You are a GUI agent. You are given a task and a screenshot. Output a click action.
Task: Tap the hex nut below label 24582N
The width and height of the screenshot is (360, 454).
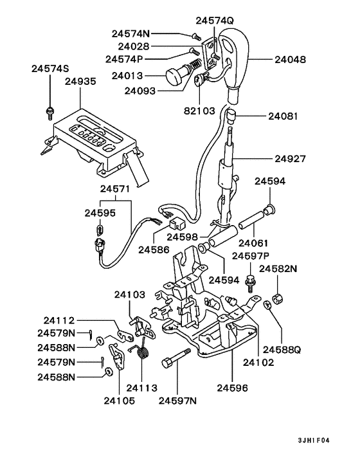coord(279,298)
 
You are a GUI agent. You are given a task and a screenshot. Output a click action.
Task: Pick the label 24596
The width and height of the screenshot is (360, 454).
coord(233,387)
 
